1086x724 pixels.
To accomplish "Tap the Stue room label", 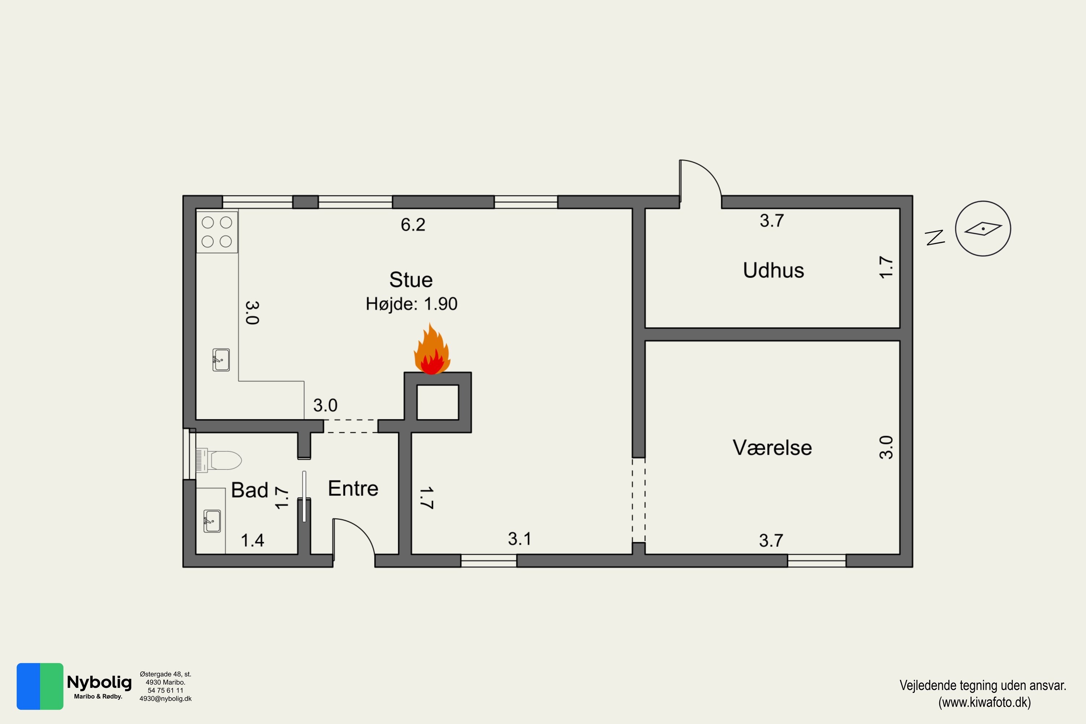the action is coord(411,280).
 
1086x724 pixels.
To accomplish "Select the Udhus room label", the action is coord(773,270).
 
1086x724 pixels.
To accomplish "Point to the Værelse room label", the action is coord(772,447).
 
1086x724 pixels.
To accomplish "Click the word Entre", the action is coord(353,488).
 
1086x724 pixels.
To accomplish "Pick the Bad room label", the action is coord(249,490).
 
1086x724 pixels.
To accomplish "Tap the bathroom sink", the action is coord(212,521).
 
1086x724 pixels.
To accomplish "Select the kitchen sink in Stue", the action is coord(221,360).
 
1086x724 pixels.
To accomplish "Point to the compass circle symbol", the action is coord(983,228).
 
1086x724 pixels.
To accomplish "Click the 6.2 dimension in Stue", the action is coord(413,225).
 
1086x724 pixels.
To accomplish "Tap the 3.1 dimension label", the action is coord(519,539).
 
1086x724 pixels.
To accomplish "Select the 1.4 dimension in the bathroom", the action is coord(253,540).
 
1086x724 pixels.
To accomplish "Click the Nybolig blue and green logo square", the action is coord(40,686).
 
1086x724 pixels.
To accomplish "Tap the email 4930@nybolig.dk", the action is coord(165,699).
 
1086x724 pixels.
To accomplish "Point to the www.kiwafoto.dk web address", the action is coord(984,702).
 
